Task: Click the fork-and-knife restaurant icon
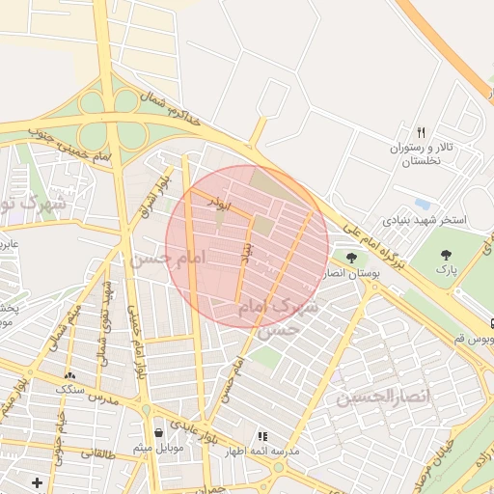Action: (x=421, y=132)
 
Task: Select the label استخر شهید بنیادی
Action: (x=424, y=220)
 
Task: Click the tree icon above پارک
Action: (x=445, y=256)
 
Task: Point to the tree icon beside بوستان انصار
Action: (x=350, y=258)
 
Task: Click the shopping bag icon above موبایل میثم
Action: (x=158, y=431)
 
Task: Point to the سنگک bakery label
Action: (x=69, y=389)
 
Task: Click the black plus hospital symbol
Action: (x=37, y=481)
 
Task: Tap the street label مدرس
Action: (x=103, y=398)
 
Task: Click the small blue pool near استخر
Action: (x=423, y=204)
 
